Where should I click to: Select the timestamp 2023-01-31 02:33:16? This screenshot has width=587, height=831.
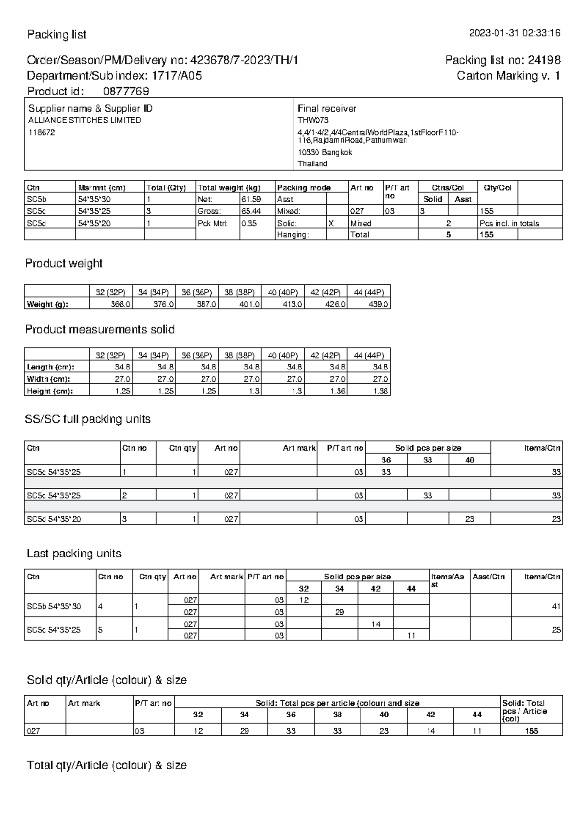click(515, 33)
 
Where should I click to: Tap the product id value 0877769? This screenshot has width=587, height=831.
click(126, 92)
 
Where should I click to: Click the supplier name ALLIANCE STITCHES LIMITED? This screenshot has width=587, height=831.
click(85, 120)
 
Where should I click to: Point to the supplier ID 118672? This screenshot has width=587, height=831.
click(42, 132)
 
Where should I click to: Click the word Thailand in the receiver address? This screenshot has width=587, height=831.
click(313, 164)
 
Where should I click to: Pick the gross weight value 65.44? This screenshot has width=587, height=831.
click(251, 211)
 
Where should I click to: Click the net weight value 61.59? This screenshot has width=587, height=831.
click(251, 199)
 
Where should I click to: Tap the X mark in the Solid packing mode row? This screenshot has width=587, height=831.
click(331, 223)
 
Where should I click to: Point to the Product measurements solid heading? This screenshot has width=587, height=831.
click(100, 330)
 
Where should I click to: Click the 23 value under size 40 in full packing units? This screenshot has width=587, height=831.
click(469, 519)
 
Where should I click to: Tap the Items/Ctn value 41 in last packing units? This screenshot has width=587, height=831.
click(556, 606)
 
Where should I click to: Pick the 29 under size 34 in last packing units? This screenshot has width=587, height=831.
click(339, 612)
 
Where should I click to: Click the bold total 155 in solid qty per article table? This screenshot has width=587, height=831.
click(531, 731)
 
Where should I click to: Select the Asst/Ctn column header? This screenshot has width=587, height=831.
click(488, 577)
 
